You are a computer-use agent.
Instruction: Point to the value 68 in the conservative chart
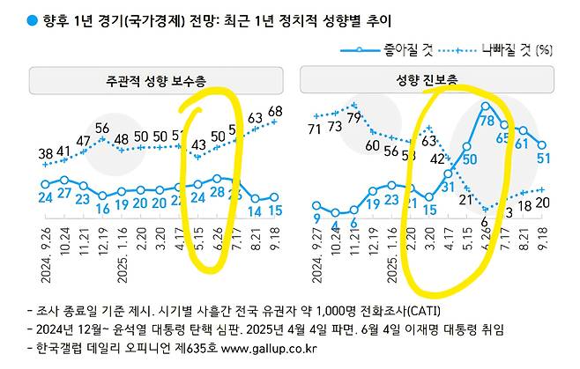(275, 110)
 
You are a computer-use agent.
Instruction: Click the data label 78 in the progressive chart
(485, 110)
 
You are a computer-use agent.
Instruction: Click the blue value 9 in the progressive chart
(316, 218)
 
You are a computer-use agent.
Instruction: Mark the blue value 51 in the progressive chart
(544, 158)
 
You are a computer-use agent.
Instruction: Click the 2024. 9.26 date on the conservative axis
(44, 254)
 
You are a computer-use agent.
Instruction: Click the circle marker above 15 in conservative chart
(274, 198)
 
